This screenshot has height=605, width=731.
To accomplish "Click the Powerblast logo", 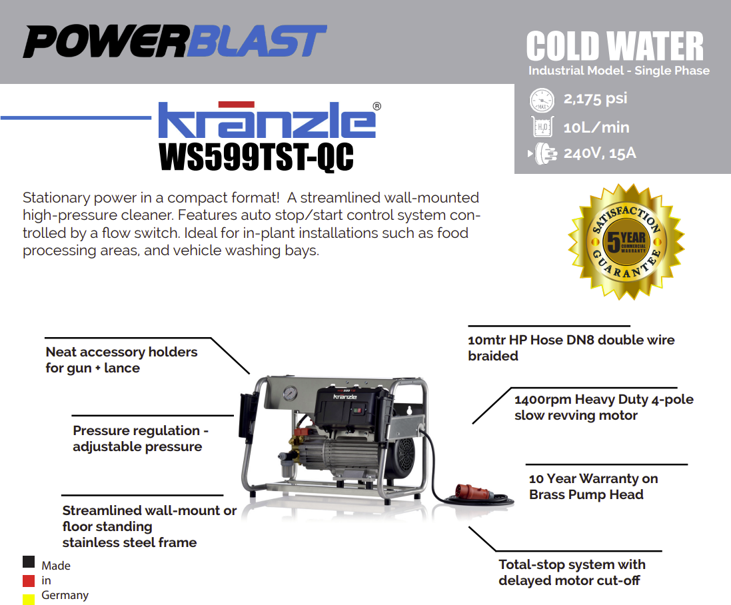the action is coord(175,41).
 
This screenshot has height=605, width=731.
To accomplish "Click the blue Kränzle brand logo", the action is coord(269,119).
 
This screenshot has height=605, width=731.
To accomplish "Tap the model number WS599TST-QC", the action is coord(256,157).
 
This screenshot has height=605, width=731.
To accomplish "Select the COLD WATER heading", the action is coord(615,46).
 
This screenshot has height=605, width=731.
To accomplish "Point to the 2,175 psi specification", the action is coord(595,99).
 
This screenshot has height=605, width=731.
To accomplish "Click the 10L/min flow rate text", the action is coord(596,127).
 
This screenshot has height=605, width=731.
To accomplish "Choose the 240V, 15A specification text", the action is coord(600,153).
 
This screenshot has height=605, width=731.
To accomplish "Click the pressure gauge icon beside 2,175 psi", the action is coord(542,100).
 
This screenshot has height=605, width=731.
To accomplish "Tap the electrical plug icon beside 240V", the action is coord(542,153).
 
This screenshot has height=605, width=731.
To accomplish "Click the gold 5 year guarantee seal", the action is coord(626,241).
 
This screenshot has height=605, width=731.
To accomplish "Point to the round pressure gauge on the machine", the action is coord(289,393).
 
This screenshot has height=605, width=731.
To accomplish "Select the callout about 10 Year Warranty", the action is coord(593,486).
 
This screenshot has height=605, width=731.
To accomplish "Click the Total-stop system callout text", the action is coord(572,572).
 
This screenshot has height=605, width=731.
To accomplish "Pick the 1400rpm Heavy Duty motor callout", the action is coord(604,407).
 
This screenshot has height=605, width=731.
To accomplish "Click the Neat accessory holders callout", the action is coord(121,360).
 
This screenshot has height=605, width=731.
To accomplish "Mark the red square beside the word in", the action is coord(29,581).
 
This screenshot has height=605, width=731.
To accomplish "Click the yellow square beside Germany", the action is coord(29,600).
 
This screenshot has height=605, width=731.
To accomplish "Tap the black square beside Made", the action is coord(29,562).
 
